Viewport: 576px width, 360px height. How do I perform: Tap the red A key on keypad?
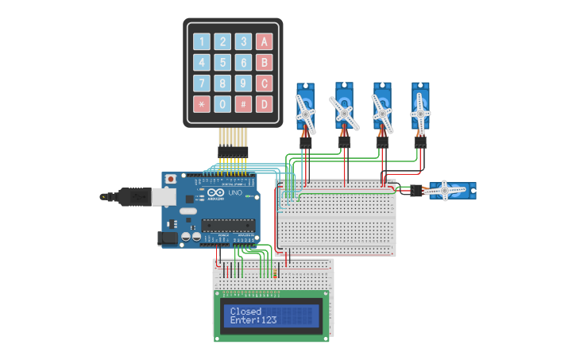click(264, 42)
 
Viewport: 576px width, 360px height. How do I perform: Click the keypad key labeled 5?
click(223, 63)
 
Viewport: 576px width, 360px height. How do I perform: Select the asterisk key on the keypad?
click(202, 104)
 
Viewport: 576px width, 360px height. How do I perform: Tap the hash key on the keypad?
click(243, 104)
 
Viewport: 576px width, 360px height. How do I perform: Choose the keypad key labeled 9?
click(243, 83)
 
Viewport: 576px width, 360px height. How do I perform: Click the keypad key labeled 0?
click(223, 104)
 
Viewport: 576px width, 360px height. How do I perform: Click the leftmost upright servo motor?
click(306, 108)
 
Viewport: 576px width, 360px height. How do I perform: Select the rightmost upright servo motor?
click(420, 108)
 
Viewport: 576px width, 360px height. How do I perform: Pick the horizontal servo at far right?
click(448, 191)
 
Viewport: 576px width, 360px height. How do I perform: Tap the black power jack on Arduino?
click(168, 236)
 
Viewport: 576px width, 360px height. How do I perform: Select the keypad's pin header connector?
click(233, 150)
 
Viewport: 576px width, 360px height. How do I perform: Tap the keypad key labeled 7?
click(202, 83)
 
